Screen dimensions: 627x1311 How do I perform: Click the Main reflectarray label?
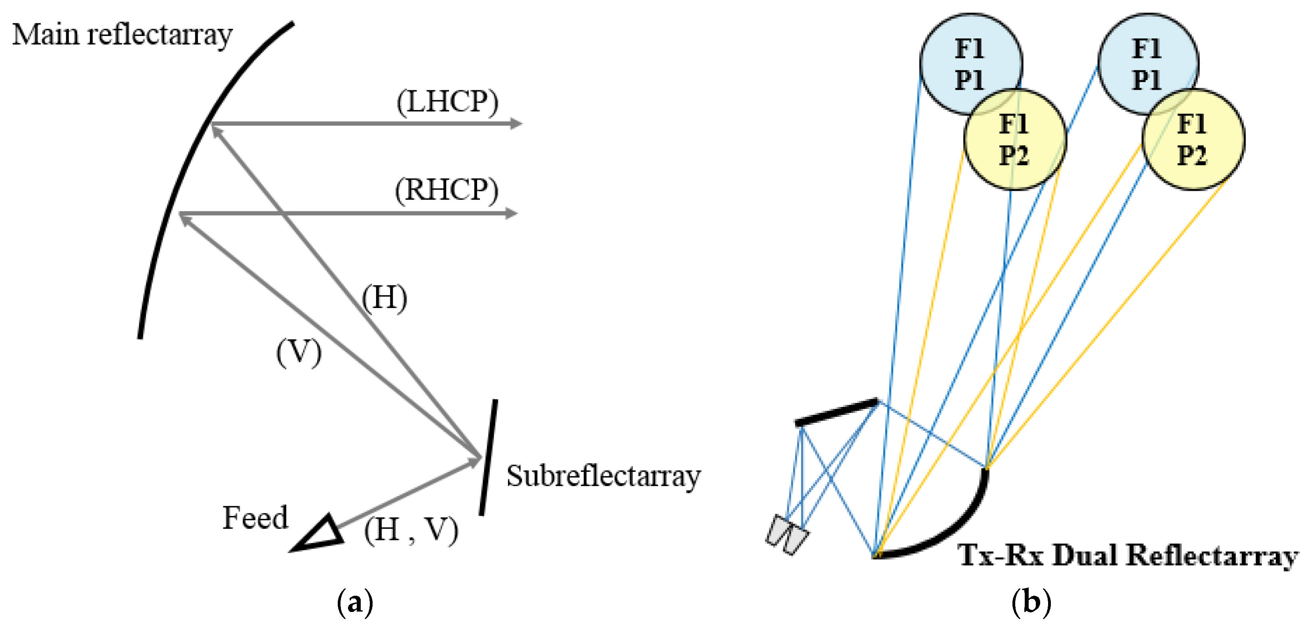tap(122, 36)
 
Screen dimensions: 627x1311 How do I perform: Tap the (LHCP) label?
tap(447, 102)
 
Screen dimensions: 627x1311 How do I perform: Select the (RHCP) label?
tap(447, 190)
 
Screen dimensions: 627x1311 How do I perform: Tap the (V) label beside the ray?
tap(299, 352)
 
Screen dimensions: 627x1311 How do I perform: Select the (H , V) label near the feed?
tap(411, 530)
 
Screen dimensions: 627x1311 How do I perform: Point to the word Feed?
tap(255, 518)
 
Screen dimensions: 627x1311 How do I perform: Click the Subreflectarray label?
tap(603, 476)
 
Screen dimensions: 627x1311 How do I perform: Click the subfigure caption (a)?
tap(355, 602)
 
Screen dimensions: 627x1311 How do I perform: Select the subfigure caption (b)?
tap(1031, 602)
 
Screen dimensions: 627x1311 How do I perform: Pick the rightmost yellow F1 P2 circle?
tap(1193, 140)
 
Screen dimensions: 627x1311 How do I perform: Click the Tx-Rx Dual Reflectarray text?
tap(1127, 555)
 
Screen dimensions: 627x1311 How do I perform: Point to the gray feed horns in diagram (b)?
tap(786, 534)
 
